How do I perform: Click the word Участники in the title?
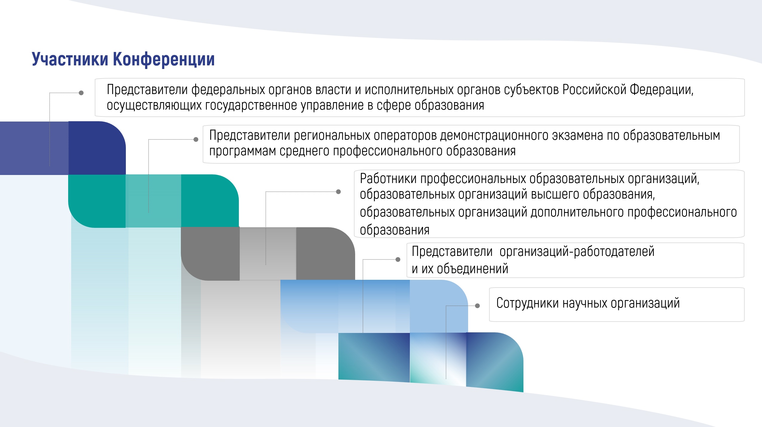pos(70,59)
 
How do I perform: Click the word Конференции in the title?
pos(164,59)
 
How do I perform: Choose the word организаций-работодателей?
pos(577,251)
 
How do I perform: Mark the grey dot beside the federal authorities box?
pos(81,93)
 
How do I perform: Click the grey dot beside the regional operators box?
pos(196,139)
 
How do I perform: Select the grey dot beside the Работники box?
pos(338,192)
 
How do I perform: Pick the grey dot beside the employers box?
pos(398,259)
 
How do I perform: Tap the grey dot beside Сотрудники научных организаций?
pos(477,306)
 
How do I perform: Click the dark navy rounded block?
pos(97,148)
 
